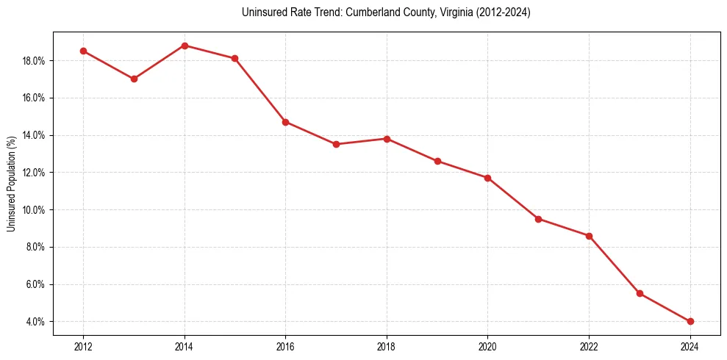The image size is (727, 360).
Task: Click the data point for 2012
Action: tap(83, 51)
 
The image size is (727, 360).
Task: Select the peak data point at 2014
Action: tap(185, 46)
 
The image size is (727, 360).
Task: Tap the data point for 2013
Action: tap(134, 79)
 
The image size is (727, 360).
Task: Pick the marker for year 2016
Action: tap(285, 122)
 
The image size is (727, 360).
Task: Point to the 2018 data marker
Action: tap(387, 139)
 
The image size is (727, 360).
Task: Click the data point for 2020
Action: tap(488, 178)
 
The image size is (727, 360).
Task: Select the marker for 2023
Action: tap(640, 293)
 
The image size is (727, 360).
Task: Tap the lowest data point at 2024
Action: tap(690, 321)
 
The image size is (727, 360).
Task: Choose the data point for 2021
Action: tap(539, 219)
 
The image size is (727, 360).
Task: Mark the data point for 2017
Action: tap(336, 144)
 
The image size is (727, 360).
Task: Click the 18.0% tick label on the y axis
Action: tap(34, 61)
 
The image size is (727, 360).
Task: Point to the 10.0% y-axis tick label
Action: tap(34, 210)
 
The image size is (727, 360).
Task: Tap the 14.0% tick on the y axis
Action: tap(34, 135)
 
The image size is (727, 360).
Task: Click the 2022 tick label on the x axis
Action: tap(589, 345)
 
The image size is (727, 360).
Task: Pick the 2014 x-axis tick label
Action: tap(185, 345)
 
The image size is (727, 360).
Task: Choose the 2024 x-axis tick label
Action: tap(690, 345)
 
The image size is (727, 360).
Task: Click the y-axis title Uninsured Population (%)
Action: tap(11, 184)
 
